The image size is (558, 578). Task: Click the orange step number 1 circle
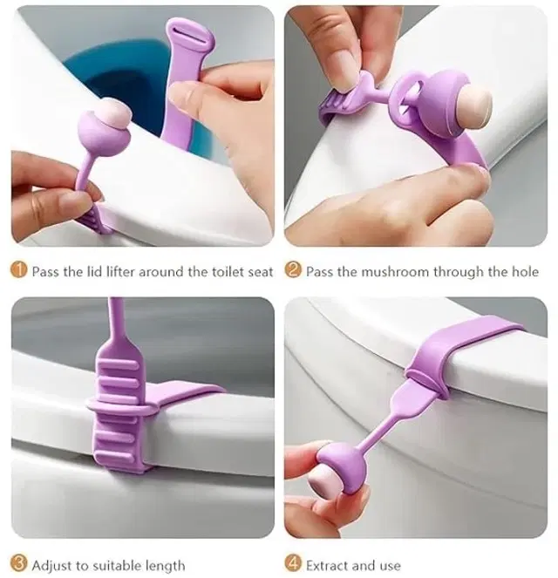(19, 270)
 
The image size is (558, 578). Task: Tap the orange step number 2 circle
(293, 270)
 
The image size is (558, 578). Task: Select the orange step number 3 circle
(19, 563)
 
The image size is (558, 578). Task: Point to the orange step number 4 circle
(293, 563)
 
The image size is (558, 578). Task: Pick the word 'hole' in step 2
(525, 272)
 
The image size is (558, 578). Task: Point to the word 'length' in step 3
(165, 566)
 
